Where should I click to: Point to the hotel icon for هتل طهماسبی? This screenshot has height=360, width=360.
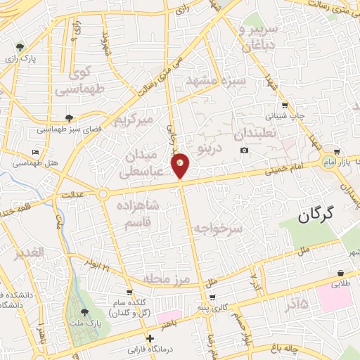tap(36, 152)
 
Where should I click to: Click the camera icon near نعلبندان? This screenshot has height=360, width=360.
tap(244, 150)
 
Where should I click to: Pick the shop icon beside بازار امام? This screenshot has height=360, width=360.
tap(338, 151)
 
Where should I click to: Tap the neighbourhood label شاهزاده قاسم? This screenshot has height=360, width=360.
tap(132, 214)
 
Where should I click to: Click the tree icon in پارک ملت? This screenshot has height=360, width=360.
tap(85, 311)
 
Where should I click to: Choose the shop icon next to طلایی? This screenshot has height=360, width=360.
tap(341, 273)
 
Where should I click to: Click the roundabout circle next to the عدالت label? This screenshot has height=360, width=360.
tap(104, 193)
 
